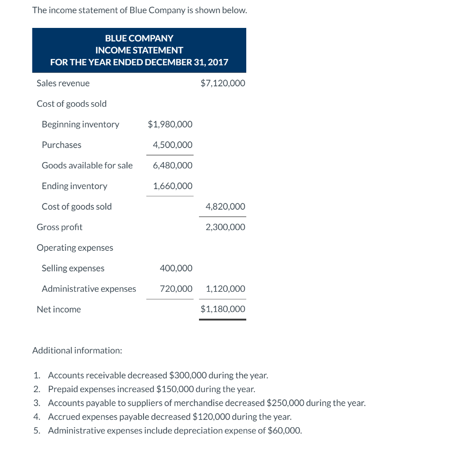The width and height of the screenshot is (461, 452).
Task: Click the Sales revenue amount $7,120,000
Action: tap(223, 83)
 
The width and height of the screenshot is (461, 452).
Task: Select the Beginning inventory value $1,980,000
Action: tap(170, 124)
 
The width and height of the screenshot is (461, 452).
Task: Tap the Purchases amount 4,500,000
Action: tap(172, 145)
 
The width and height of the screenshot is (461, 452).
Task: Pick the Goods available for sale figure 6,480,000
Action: tap(172, 166)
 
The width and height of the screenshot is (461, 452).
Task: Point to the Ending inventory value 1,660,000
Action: tap(172, 186)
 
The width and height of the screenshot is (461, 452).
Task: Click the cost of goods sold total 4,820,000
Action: tap(225, 207)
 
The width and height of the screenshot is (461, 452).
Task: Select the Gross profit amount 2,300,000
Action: tap(225, 227)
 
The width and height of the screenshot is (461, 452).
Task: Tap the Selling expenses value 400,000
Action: tap(176, 268)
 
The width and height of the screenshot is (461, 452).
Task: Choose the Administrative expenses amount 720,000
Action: tap(176, 289)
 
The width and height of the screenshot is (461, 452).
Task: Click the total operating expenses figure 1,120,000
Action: tap(225, 289)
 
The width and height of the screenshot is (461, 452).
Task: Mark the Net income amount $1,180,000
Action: tap(223, 309)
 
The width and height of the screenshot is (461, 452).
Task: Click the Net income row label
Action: tap(59, 309)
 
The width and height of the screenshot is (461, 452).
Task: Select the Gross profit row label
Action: tap(59, 227)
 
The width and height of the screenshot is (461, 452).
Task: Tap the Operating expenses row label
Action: tap(75, 248)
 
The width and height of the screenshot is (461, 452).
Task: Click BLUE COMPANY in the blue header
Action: tap(139, 39)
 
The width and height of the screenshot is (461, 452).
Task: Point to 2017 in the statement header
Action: tap(218, 62)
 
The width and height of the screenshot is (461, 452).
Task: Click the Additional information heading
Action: tap(77, 350)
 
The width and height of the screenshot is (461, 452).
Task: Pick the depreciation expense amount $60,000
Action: tap(284, 430)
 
